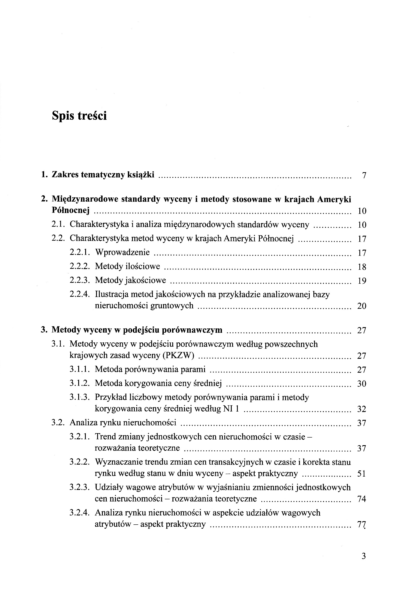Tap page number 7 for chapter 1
[364, 175]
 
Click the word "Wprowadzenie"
[122, 252]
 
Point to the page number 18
[362, 267]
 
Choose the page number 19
[362, 281]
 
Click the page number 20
[362, 306]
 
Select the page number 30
[362, 384]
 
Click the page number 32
[362, 409]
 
